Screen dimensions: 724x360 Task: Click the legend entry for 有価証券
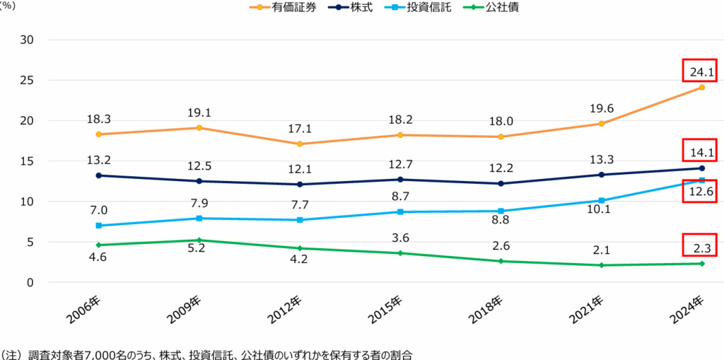pos(283,8)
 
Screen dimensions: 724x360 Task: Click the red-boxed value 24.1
pos(701,71)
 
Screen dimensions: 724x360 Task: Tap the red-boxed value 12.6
pos(701,190)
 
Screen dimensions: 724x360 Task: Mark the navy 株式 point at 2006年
pos(98,175)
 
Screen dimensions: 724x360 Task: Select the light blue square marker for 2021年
pos(601,201)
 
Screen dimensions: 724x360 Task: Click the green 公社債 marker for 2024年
pos(702,263)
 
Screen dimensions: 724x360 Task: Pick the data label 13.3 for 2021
pos(601,161)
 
